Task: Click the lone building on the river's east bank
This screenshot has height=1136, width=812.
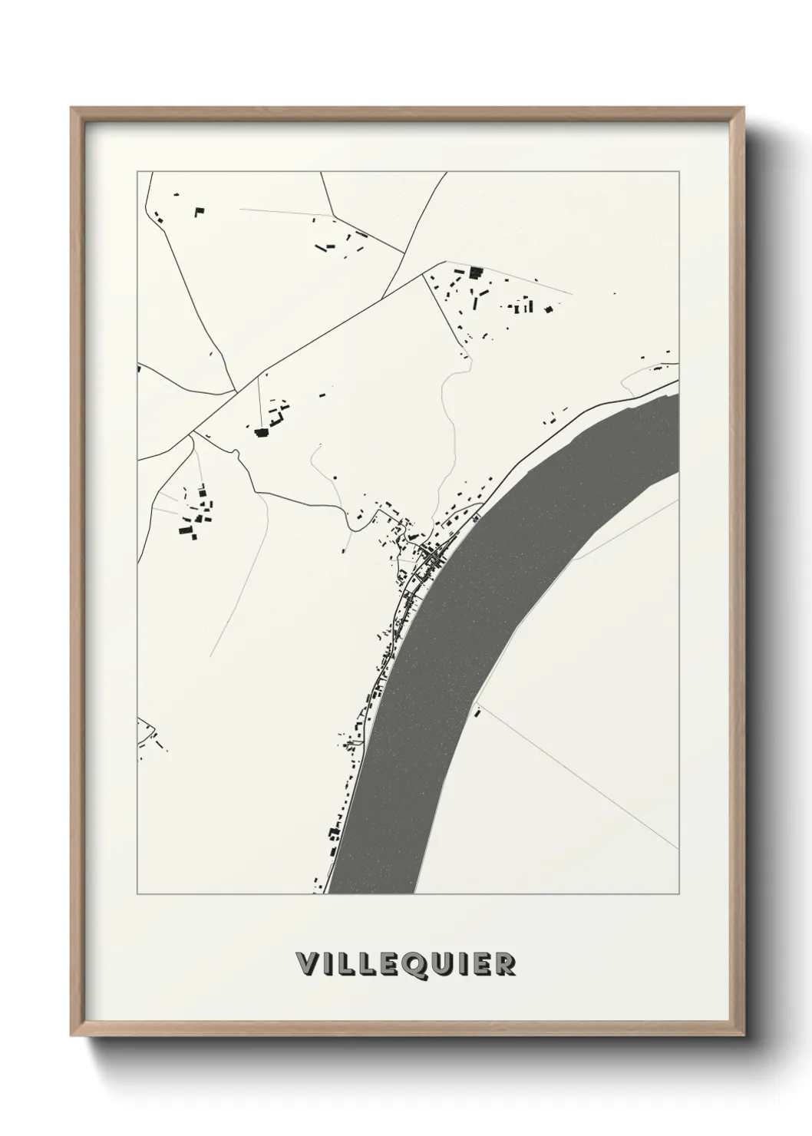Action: [x=478, y=713]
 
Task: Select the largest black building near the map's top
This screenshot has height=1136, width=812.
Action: [x=475, y=271]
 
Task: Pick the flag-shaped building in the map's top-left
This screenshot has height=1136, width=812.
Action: [x=200, y=210]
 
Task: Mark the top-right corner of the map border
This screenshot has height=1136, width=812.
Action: [x=679, y=171]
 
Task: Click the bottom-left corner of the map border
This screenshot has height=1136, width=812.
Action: [x=137, y=893]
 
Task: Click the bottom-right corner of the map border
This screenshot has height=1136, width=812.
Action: [x=679, y=893]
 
